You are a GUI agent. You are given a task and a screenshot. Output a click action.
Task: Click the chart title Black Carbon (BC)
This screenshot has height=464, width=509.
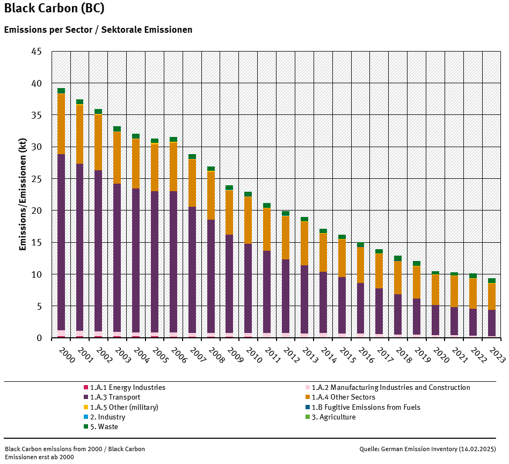[54, 9]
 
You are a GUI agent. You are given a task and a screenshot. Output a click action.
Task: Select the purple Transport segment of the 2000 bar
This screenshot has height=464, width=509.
[61, 242]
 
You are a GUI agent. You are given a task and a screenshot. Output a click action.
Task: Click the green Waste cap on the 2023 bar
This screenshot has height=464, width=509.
[491, 280]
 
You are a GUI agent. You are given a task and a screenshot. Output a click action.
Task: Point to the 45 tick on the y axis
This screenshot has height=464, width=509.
[37, 52]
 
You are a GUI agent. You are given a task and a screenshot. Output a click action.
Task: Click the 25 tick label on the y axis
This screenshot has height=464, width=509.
[37, 179]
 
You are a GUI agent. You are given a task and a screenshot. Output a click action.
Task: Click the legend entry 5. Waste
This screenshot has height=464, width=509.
[104, 427]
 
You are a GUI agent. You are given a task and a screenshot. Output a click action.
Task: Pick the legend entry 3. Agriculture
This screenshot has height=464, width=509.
[333, 417]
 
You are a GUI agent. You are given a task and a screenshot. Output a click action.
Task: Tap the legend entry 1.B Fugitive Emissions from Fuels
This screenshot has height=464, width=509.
[366, 408]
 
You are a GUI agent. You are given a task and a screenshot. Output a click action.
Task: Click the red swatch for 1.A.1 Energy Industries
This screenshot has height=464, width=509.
[85, 388]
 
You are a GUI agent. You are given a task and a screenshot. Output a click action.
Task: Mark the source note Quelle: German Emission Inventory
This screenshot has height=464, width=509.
[427, 449]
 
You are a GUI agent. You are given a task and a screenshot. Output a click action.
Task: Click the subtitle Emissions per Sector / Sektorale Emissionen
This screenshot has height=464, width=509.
[98, 30]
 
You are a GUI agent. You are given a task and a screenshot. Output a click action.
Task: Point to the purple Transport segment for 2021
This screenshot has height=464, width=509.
[454, 321]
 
